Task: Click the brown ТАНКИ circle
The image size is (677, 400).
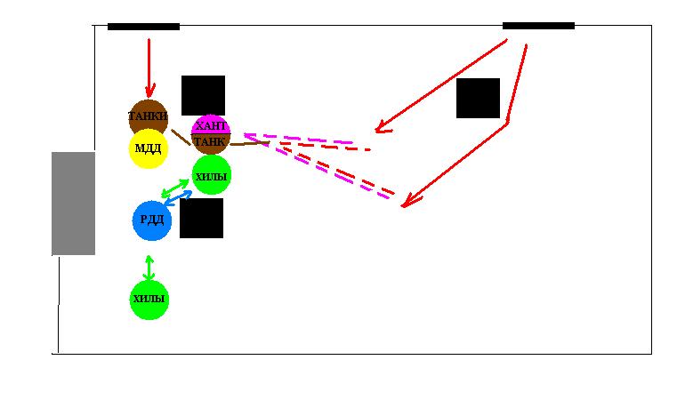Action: pos(148,116)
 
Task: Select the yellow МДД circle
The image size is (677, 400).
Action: pos(149,148)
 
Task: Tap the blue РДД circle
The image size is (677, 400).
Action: pos(152,220)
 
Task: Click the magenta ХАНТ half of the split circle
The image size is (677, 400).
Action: pos(211,125)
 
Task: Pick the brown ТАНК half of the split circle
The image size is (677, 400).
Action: pos(211,143)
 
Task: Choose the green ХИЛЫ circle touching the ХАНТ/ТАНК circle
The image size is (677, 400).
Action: pos(212,176)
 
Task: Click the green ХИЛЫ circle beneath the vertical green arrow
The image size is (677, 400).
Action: pos(149,300)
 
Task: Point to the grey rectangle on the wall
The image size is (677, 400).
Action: pos(73,204)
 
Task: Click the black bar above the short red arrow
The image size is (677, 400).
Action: pos(143,27)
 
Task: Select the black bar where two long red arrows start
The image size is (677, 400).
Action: pos(538,26)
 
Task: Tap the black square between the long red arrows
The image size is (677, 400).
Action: pos(478,98)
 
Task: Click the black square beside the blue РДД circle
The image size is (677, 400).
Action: pos(201,219)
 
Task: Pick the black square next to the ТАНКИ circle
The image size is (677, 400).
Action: pos(203,95)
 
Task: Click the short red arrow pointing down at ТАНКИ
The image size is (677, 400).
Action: pos(149,67)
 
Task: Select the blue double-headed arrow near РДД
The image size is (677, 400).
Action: pos(178,199)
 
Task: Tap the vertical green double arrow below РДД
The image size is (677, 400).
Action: pos(149,268)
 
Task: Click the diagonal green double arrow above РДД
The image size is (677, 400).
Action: pos(175,188)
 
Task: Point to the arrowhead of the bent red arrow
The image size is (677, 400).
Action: pos(405,204)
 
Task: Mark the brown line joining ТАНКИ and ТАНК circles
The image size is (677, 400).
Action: pos(181,139)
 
